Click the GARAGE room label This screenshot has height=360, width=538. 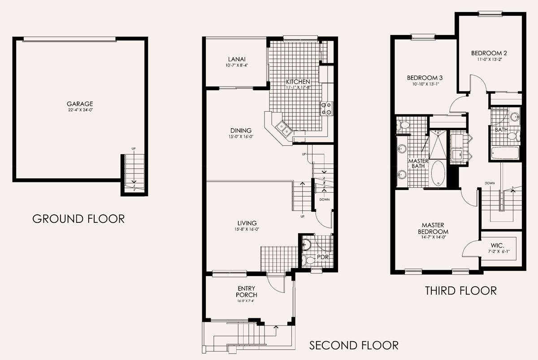click(x=80, y=104)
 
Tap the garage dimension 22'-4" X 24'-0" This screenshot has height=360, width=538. click(x=80, y=110)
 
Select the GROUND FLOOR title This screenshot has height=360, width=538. click(x=78, y=219)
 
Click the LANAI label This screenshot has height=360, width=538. click(x=237, y=59)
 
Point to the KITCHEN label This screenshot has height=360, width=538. click(x=298, y=82)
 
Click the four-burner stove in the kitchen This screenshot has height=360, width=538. click(x=327, y=108)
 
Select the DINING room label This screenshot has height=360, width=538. click(x=241, y=130)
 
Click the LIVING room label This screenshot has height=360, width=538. click(x=247, y=223)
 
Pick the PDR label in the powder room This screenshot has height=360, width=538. click(x=322, y=257)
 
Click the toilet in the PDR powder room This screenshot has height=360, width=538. click(x=308, y=260)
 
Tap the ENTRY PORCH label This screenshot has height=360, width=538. click(x=247, y=291)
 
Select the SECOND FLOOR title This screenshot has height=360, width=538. click(x=354, y=345)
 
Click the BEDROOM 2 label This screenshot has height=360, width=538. click(x=490, y=53)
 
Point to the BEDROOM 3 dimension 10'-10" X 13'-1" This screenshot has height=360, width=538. click(x=425, y=84)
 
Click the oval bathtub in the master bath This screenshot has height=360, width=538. click(x=438, y=173)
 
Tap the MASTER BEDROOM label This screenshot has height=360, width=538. click(x=433, y=228)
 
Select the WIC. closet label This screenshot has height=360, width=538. click(x=497, y=245)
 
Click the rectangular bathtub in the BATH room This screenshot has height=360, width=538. click(x=505, y=153)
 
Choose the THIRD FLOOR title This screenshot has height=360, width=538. click(x=461, y=291)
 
